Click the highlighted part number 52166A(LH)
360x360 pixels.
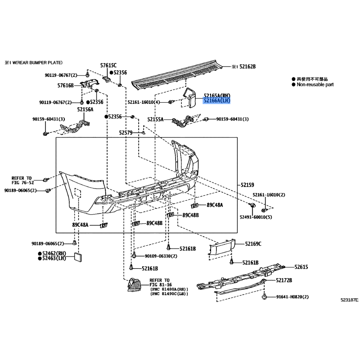pos(216,100)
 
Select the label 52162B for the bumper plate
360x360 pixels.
pos(247,67)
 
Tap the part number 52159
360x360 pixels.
pos(247,185)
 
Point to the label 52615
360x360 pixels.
pos(301,267)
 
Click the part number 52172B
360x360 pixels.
pos(284,280)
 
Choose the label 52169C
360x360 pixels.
pos(253,244)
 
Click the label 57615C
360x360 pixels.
pos(108,65)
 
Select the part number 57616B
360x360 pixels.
pos(65,85)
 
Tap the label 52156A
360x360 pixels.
pos(85,109)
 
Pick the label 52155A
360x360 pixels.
pos(155,119)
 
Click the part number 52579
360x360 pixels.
pos(126,133)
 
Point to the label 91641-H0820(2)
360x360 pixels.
pos(292,297)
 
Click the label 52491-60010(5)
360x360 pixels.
pos(256,217)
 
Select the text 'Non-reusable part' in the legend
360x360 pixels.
pos(315,85)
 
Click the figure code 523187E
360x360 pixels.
pos(349,300)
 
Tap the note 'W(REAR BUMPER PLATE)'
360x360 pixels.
pos(37,63)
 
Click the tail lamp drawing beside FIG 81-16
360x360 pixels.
pos(135,285)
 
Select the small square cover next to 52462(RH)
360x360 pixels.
pos(77,257)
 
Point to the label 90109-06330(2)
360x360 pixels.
pos(161,256)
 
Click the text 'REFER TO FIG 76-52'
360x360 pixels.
pos(22,180)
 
